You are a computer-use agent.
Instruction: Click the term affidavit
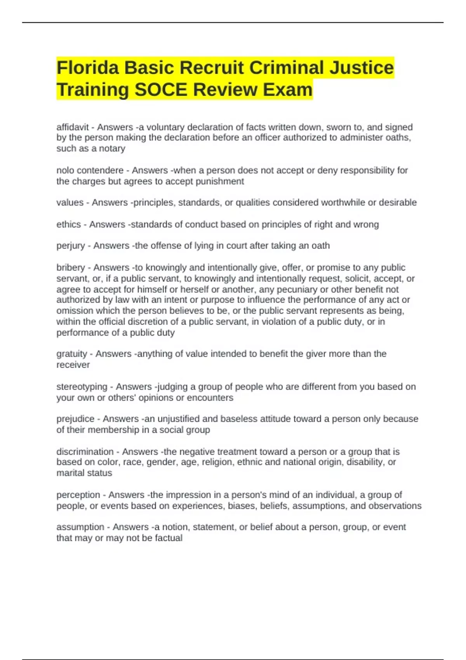click(73, 127)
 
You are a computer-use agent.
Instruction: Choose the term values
click(70, 203)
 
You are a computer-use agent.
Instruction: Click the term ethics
click(69, 224)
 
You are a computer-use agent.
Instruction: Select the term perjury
click(71, 246)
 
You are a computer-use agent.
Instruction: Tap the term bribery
click(71, 267)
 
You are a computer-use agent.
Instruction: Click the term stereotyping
click(82, 387)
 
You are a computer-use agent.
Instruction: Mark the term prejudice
click(75, 419)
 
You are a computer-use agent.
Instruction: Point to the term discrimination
click(85, 452)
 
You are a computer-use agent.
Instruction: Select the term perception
click(78, 495)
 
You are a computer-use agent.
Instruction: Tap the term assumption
click(80, 527)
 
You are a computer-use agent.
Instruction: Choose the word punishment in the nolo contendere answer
click(222, 181)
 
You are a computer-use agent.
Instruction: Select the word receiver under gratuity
click(73, 365)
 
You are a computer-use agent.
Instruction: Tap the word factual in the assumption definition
click(169, 538)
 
